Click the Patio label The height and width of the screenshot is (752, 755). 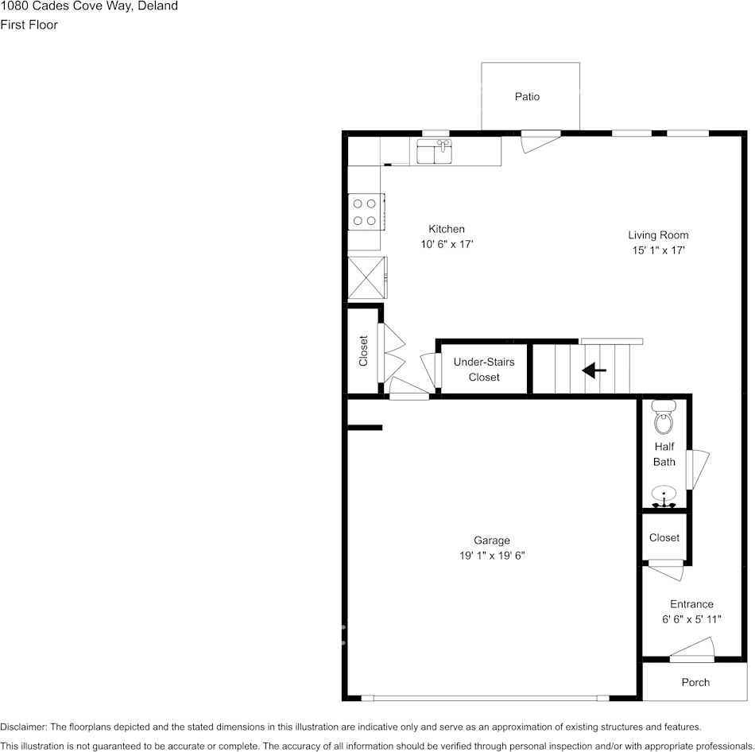point(527,97)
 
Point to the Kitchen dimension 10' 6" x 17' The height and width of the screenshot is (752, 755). point(447,245)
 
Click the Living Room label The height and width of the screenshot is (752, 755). point(658,235)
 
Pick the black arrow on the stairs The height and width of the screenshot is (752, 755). point(594,370)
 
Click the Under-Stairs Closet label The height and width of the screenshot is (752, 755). point(484,370)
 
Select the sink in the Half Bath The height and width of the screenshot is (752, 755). point(664,498)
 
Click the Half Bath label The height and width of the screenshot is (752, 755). point(664,454)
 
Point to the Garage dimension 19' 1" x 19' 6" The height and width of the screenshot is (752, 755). point(492,556)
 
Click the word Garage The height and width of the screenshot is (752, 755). point(492,541)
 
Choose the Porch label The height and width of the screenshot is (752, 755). point(695,682)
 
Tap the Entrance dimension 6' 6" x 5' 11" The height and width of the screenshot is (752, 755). point(691,620)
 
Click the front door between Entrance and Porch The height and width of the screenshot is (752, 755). point(692,657)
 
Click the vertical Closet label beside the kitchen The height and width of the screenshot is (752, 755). point(364,351)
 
